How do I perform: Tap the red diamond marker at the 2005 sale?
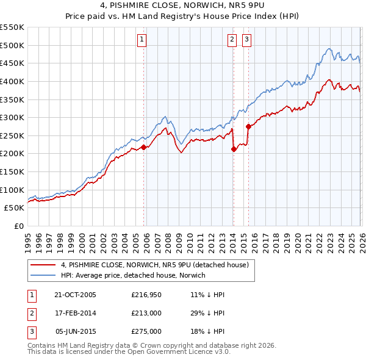pyautogui.click(x=143, y=147)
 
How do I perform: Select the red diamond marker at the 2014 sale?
pyautogui.click(x=234, y=149)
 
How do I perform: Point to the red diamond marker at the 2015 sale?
pyautogui.click(x=248, y=126)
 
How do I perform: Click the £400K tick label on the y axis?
pyautogui.click(x=12, y=81)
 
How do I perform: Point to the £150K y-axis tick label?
pyautogui.click(x=12, y=171)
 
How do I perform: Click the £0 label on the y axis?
pyautogui.click(x=18, y=226)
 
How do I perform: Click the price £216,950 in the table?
pyautogui.click(x=146, y=295)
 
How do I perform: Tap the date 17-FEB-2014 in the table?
pyautogui.click(x=75, y=313)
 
